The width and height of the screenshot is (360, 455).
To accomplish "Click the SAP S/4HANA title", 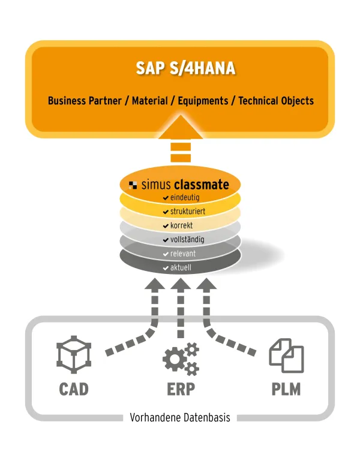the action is (185, 68).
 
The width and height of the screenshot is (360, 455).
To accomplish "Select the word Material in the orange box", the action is (150, 101).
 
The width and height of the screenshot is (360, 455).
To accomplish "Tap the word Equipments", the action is (203, 101).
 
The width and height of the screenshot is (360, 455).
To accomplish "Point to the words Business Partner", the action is (85, 101).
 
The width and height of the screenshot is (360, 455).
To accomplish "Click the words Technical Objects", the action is (276, 101).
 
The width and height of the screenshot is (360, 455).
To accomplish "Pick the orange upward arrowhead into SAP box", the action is (181, 127).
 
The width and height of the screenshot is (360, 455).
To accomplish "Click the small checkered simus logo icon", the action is (133, 185).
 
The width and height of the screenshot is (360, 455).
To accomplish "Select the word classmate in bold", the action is (202, 185).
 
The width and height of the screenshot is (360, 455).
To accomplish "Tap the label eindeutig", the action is (185, 198).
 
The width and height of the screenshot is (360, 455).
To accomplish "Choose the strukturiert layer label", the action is (188, 211).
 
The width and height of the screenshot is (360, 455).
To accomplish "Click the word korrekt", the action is (181, 225).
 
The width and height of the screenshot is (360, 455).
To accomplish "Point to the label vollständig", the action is (187, 239).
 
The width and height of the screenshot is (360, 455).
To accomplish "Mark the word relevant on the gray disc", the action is (183, 254).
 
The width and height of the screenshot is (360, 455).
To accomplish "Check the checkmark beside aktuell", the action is (166, 268).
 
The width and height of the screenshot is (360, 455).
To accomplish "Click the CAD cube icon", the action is (74, 355).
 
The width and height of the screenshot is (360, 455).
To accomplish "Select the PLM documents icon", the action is (286, 355).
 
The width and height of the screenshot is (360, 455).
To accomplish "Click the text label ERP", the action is (181, 389).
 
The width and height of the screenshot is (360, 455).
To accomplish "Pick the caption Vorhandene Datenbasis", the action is (180, 418).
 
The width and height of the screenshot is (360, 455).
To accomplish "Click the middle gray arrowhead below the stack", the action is (181, 284).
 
